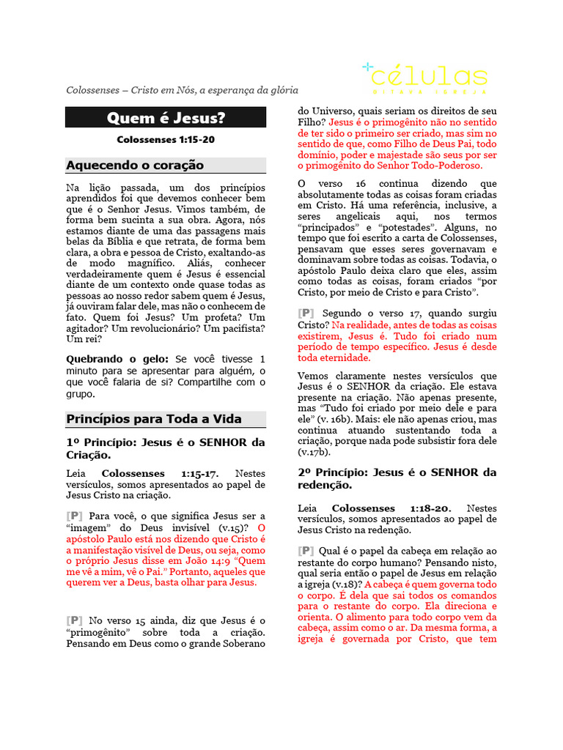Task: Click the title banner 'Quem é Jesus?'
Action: [166, 117]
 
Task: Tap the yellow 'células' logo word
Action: [429, 76]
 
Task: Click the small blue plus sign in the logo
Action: [368, 67]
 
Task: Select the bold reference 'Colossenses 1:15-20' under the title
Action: [166, 139]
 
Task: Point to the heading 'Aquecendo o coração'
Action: [135, 165]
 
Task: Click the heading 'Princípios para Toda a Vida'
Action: [154, 419]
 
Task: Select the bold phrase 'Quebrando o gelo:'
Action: [117, 359]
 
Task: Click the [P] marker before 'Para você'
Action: [74, 516]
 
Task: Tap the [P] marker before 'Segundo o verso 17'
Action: [306, 313]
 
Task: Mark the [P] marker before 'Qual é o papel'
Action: [306, 550]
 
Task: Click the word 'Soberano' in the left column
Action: [242, 644]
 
